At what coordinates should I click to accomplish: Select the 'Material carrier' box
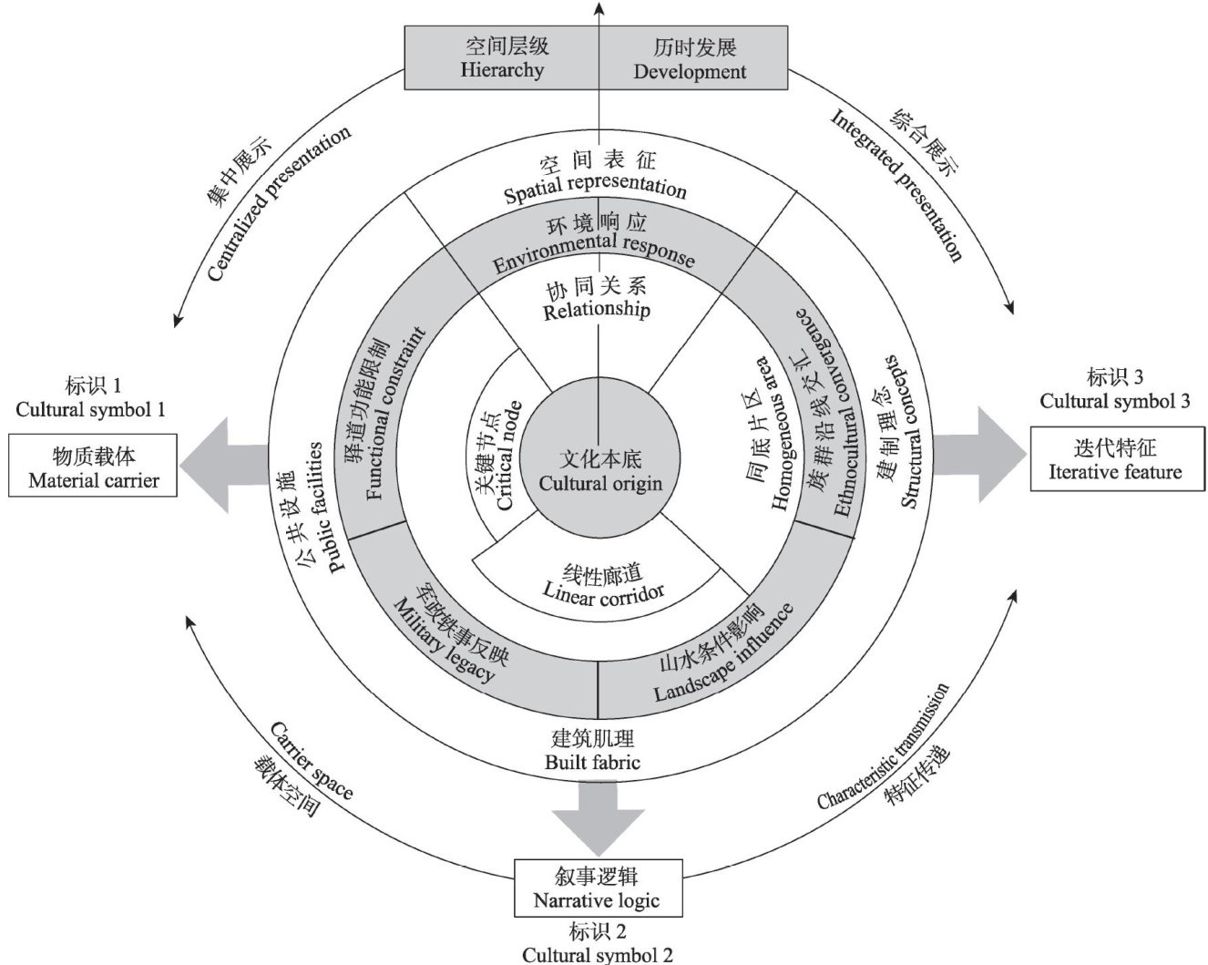coord(94,466)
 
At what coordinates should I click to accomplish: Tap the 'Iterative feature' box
coord(1114,459)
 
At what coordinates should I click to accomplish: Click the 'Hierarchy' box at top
coord(502,58)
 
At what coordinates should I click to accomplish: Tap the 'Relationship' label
coord(597,300)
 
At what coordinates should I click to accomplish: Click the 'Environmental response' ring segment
coord(596,243)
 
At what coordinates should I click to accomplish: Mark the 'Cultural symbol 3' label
coord(1115,389)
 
